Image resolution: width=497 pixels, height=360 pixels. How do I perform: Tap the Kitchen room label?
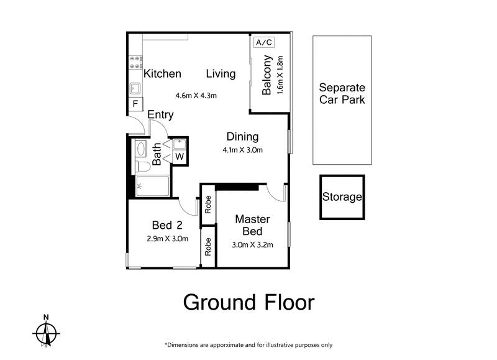click(162, 74)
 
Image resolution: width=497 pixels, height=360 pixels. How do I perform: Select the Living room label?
click(221, 74)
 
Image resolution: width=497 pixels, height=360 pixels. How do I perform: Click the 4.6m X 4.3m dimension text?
click(196, 96)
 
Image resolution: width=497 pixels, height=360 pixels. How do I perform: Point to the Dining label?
click(242, 137)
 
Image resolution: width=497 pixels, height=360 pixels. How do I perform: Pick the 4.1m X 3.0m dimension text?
click(243, 150)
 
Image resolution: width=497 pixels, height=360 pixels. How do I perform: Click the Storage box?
click(342, 197)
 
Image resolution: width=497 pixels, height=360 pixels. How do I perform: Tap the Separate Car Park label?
click(342, 94)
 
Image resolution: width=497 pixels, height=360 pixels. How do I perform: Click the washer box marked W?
click(179, 156)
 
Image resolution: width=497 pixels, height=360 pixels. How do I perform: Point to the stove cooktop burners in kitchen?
click(134, 62)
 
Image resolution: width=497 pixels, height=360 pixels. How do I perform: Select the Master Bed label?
click(252, 225)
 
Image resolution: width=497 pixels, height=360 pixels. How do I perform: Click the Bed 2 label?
click(166, 225)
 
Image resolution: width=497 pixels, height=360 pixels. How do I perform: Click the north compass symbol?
click(47, 333)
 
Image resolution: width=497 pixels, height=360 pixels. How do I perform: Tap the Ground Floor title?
click(248, 303)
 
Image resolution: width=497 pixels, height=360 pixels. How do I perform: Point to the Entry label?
click(160, 115)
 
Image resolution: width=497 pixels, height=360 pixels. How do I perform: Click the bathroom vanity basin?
click(140, 149)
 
